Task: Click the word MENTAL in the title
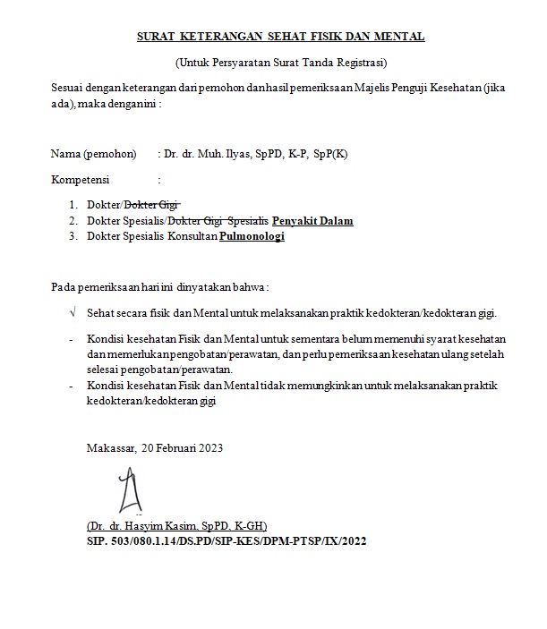click(x=401, y=37)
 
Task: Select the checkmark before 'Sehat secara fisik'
click(x=73, y=314)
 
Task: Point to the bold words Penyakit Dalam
click(x=313, y=221)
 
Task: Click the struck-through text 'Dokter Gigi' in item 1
click(x=158, y=204)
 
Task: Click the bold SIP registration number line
click(x=226, y=541)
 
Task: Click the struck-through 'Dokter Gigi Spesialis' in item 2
click(x=218, y=221)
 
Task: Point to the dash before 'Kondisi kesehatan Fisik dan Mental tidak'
click(x=72, y=386)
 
